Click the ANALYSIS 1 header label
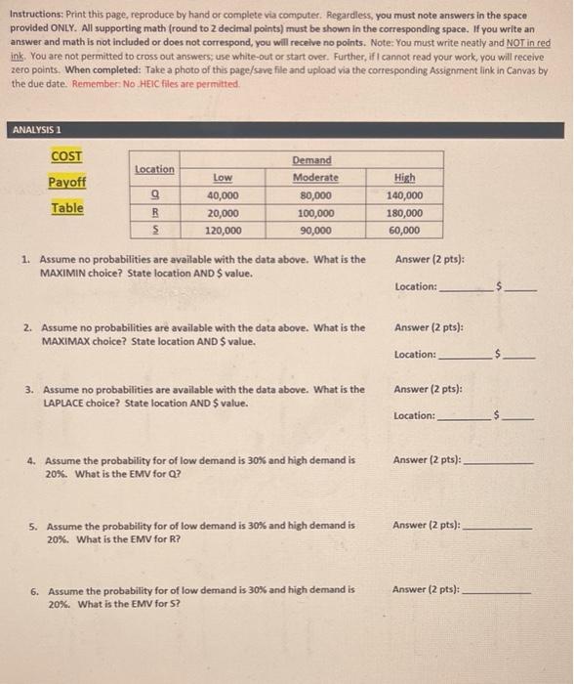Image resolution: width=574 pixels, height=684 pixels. click(35, 130)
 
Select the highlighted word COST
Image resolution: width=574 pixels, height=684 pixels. click(66, 156)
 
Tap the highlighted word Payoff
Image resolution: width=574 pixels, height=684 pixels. click(66, 183)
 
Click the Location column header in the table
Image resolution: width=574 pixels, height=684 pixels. click(154, 169)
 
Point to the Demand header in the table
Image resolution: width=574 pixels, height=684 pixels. click(311, 160)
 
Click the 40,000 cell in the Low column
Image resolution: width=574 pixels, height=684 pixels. click(223, 195)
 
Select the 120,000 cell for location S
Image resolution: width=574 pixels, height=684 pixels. click(223, 231)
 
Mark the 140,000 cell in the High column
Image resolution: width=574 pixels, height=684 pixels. click(404, 195)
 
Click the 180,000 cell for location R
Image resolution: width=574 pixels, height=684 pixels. click(404, 213)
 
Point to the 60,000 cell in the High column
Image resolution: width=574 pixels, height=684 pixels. click(404, 231)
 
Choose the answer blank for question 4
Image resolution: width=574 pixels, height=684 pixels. click(498, 460)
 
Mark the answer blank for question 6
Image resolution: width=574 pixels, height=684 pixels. click(497, 591)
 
